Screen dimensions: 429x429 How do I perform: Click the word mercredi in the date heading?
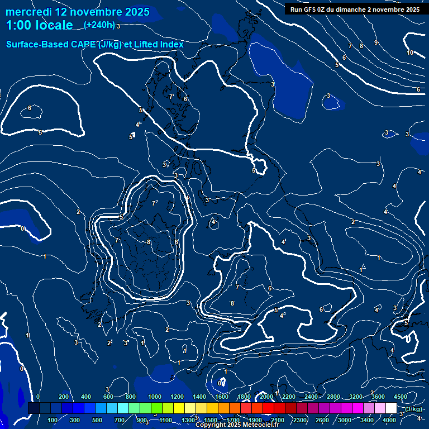(x=28, y=12)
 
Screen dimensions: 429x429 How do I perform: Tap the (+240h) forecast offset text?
(x=99, y=25)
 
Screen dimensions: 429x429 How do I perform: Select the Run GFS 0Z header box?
(x=355, y=9)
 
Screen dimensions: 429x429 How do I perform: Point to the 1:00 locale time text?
(x=39, y=25)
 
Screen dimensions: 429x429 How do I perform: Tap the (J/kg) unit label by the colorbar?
(x=413, y=409)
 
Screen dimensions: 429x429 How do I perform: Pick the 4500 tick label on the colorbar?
(x=401, y=397)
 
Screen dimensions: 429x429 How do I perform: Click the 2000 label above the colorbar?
(x=266, y=397)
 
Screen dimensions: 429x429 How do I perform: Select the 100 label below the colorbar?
(x=53, y=420)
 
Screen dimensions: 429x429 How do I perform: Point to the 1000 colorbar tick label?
(x=155, y=397)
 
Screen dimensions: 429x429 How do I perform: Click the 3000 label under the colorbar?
(x=345, y=420)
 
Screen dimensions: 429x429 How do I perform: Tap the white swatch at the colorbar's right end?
(x=396, y=408)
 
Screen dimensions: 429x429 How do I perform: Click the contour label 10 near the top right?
(x=410, y=53)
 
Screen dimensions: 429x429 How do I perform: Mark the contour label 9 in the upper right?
(x=376, y=43)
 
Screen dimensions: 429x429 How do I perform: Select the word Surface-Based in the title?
(x=37, y=44)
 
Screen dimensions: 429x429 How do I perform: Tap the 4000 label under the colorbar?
(x=389, y=420)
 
